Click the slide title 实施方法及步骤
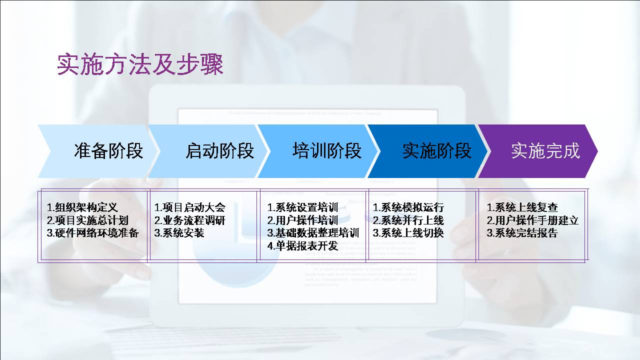(140, 64)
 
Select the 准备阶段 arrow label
(108, 151)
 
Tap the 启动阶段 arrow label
(219, 151)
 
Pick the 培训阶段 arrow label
(327, 151)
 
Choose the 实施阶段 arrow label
(437, 151)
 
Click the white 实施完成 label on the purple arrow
(545, 151)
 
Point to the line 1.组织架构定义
(82, 207)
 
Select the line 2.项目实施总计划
(87, 220)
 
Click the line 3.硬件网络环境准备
(93, 233)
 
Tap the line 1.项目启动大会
(189, 207)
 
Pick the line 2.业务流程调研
(189, 220)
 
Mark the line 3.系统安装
(179, 233)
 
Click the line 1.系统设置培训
(302, 207)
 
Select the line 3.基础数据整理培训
(313, 233)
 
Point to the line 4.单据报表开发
(302, 246)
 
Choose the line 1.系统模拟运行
(408, 207)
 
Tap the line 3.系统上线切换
(408, 233)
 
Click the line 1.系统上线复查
(522, 207)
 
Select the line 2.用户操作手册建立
(533, 220)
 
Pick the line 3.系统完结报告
(522, 233)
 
